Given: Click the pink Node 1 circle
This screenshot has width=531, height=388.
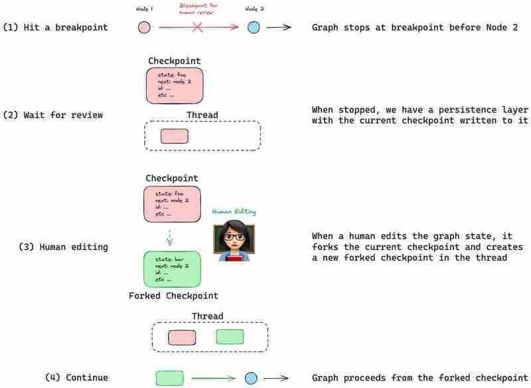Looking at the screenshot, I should pyautogui.click(x=144, y=27).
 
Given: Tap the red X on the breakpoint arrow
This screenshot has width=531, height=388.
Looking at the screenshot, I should pyautogui.click(x=197, y=27).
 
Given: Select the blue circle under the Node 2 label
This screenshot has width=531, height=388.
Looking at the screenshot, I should pyautogui.click(x=254, y=27).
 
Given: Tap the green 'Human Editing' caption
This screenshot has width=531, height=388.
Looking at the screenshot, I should pyautogui.click(x=234, y=212).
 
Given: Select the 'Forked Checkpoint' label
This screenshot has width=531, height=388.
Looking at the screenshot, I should pyautogui.click(x=173, y=295).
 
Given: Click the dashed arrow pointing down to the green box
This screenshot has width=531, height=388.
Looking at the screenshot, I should pyautogui.click(x=170, y=237).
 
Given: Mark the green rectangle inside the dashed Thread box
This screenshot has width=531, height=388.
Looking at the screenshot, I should pyautogui.click(x=230, y=337).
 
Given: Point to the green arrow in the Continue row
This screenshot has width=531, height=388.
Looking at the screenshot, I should pyautogui.click(x=213, y=378).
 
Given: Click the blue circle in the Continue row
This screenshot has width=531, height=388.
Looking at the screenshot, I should pyautogui.click(x=251, y=378).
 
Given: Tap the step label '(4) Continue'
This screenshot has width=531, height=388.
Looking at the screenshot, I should pyautogui.click(x=76, y=377).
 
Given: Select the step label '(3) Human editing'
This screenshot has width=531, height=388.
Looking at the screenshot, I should pyautogui.click(x=63, y=247).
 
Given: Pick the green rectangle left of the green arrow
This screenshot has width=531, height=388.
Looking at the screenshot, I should pyautogui.click(x=169, y=378).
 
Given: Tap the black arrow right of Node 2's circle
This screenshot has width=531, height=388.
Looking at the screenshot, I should pyautogui.click(x=281, y=27).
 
